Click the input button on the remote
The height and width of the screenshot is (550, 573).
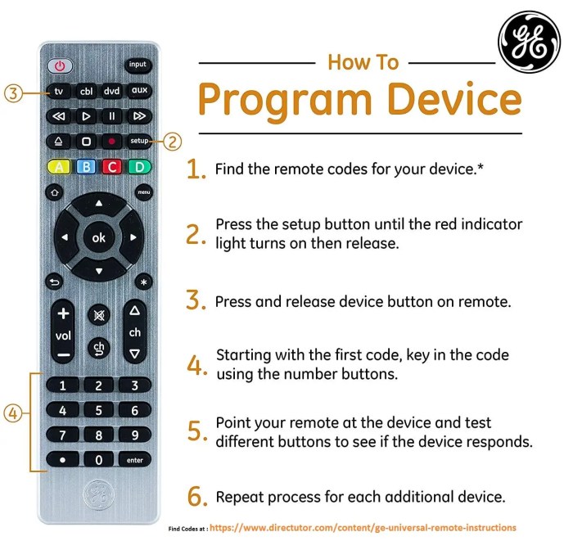pos(138,65)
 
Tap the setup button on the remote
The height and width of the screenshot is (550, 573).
pos(138,141)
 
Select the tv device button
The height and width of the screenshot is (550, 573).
pos(59,91)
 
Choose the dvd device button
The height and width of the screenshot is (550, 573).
pos(112,91)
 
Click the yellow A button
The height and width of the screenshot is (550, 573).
pos(59,168)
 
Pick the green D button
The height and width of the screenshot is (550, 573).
pos(139,168)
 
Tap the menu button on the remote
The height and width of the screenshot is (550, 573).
pos(144,192)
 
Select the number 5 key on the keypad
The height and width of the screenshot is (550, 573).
pos(99,410)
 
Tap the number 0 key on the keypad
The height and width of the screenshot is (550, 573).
pos(99,460)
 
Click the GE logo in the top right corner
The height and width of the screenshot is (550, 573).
pos(530,48)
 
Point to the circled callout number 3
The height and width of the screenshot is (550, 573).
pos(12,92)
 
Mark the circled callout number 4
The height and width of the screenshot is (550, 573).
pos(12,414)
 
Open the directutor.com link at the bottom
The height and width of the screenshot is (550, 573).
pos(363,528)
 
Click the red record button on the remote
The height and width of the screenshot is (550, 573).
pos(112,141)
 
